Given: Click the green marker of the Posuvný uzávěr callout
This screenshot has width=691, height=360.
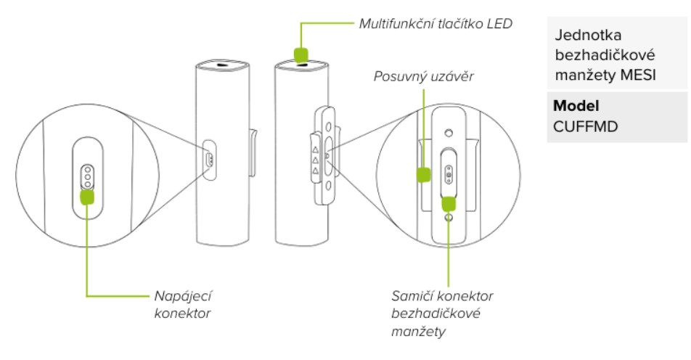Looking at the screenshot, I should click(423, 174).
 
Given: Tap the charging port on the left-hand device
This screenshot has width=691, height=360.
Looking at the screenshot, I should click(208, 158).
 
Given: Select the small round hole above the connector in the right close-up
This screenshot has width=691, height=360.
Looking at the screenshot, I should click(449, 133).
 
